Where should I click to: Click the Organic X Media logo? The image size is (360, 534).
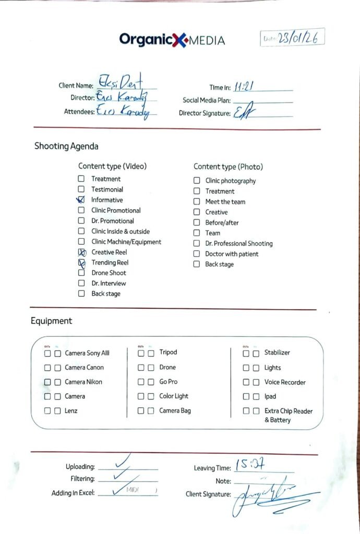point(172,40)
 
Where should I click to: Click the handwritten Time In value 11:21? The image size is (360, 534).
point(244,87)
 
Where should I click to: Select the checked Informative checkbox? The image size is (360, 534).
point(81,200)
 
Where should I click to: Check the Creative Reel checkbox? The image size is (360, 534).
point(81,252)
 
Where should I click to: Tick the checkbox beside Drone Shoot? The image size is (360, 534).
point(81,273)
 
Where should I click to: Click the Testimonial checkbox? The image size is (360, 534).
point(81,189)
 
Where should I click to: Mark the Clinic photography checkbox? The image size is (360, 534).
point(197,181)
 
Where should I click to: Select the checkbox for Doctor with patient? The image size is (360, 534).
point(197,254)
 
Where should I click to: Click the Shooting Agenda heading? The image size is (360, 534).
point(66,147)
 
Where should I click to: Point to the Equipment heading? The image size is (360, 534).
point(51,321)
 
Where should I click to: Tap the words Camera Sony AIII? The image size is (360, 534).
point(87,353)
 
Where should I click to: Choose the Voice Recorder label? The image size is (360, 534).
point(285,382)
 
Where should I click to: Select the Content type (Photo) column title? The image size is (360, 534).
point(228,167)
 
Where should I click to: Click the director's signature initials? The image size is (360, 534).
point(242,112)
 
